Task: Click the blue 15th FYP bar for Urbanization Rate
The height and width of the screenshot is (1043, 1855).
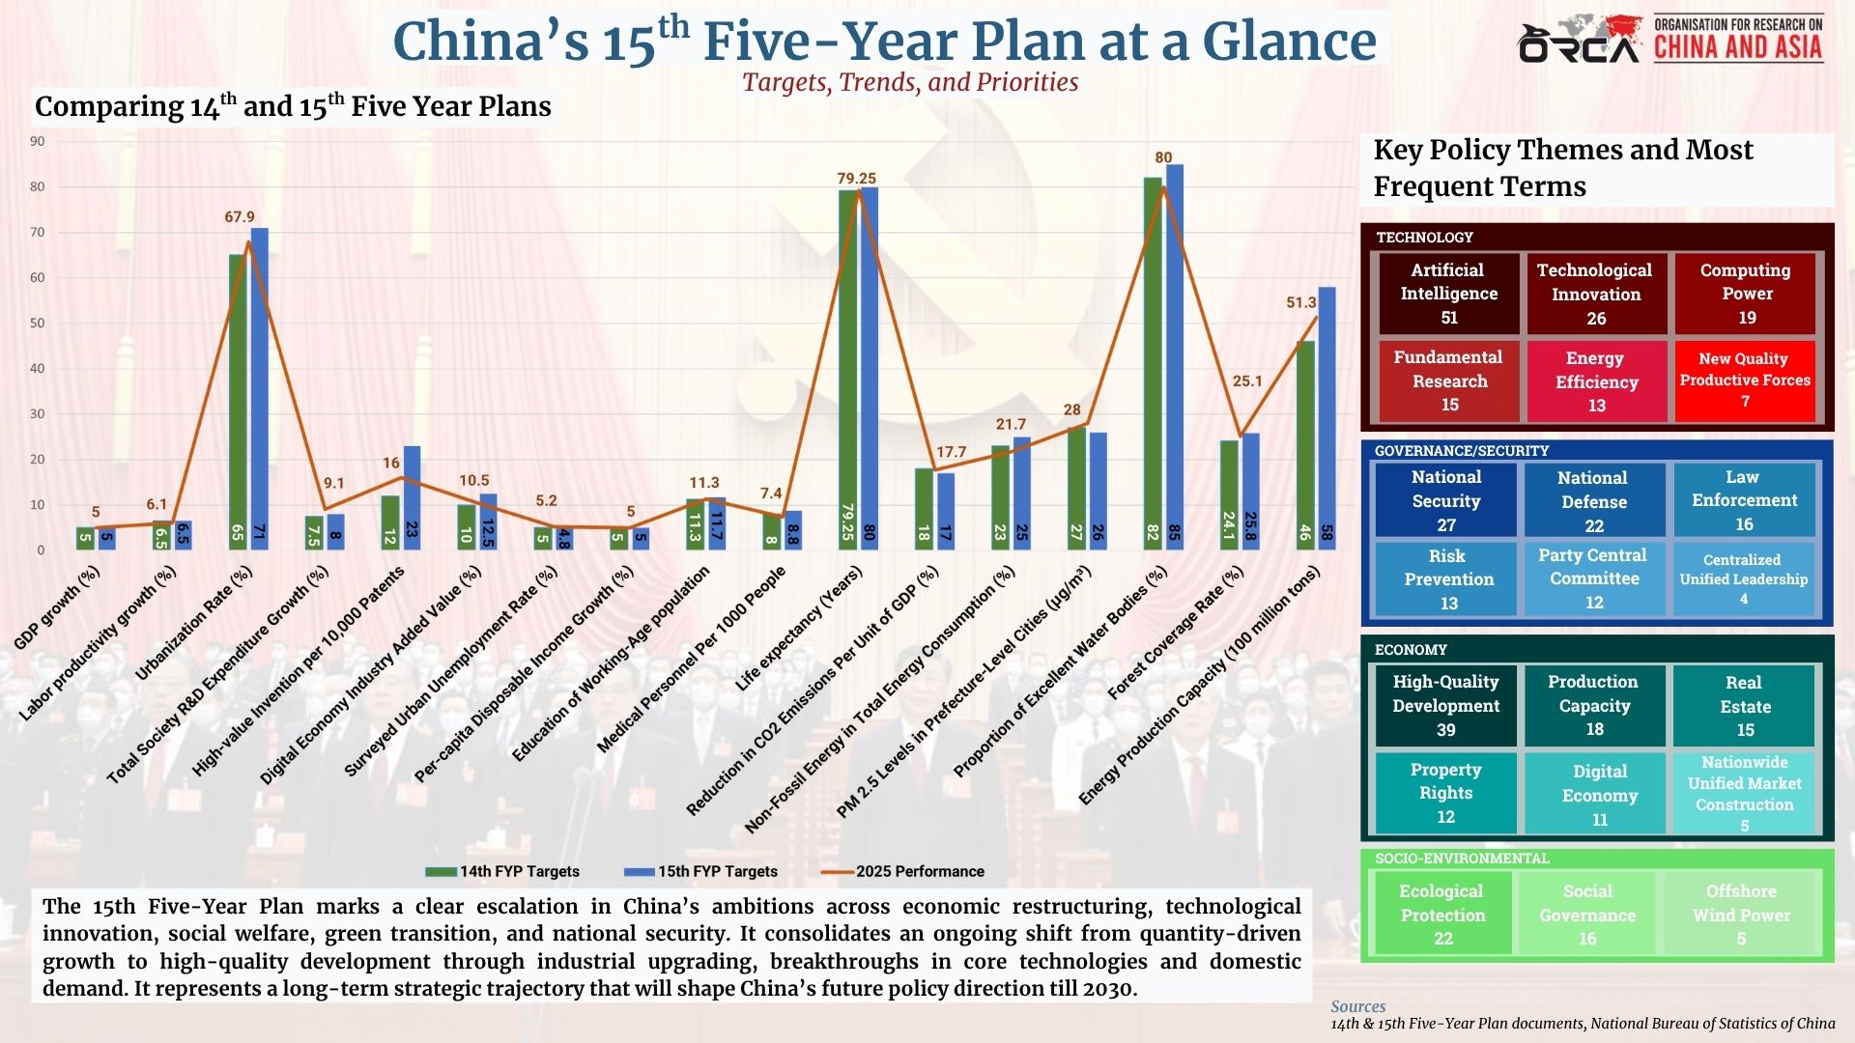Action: (260, 386)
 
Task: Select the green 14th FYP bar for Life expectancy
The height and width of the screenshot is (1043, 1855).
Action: (847, 367)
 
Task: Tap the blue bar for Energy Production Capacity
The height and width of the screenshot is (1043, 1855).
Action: (1327, 415)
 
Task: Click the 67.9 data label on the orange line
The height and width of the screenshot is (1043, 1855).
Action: (240, 217)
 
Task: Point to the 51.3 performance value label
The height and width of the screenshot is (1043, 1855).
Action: (1301, 302)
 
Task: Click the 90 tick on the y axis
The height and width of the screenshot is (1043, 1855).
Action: (37, 141)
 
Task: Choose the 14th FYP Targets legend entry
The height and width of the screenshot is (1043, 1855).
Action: (504, 871)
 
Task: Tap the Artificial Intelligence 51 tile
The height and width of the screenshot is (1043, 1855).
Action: (1448, 294)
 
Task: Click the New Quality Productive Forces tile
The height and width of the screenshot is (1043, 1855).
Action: (1745, 380)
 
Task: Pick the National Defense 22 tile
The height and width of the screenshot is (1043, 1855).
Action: (1594, 501)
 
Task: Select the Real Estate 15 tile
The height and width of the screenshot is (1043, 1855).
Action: (1745, 706)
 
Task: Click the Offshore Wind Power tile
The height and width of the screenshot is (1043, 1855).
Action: (1741, 915)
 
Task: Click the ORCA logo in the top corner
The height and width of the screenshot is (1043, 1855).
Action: (1579, 41)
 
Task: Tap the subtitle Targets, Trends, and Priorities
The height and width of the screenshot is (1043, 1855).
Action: (910, 82)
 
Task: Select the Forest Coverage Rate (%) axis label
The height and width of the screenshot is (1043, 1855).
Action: (1176, 634)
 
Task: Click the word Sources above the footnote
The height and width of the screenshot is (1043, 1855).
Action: (1357, 1006)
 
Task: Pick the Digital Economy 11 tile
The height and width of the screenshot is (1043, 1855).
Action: (1600, 795)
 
